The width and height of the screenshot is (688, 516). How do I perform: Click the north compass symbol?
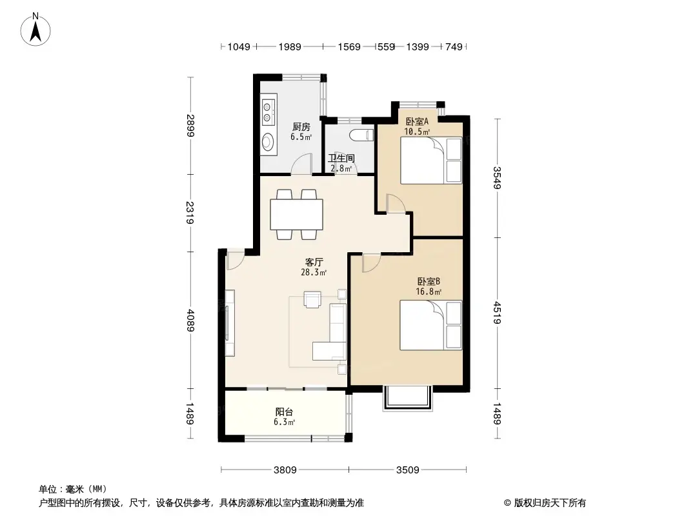pos(37,28)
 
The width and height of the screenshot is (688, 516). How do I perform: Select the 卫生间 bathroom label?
pos(341,158)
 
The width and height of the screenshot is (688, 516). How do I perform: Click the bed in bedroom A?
pos(431,161)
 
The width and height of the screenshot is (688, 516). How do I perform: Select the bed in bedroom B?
pos(430,325)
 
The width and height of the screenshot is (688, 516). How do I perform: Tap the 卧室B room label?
pos(429,281)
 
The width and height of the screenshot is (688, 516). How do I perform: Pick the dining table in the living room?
pos(297,215)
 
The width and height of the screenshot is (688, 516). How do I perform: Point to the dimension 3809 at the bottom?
pos(285,470)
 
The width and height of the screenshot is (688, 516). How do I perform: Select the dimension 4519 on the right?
pos(496,313)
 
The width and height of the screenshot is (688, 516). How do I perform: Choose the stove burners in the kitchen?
pos(267,112)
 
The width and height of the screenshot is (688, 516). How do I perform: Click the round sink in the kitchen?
pos(268,141)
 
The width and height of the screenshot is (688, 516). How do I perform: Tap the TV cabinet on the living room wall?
pos(229,323)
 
